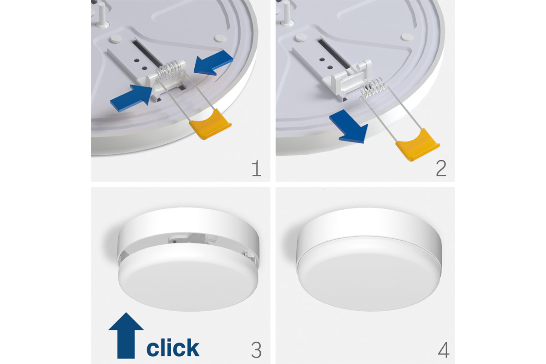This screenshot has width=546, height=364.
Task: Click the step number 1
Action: pyautogui.click(x=256, y=168)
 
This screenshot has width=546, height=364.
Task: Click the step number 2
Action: pyautogui.click(x=441, y=168)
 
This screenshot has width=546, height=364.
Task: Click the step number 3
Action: pyautogui.click(x=256, y=350)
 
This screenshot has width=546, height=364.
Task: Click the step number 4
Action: pyautogui.click(x=444, y=350)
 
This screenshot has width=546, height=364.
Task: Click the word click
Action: pyautogui.click(x=173, y=347)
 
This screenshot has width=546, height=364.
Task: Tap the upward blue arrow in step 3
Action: pyautogui.click(x=126, y=335)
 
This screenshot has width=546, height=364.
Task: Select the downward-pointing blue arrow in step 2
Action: pyautogui.click(x=349, y=127)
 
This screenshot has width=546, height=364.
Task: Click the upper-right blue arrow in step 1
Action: pyautogui.click(x=213, y=63)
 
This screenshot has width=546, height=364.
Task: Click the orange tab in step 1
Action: pyautogui.click(x=210, y=124)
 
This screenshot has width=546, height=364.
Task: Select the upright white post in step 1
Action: pyautogui.click(x=102, y=15)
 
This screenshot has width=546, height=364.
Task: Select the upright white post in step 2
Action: pyautogui.click(x=287, y=13)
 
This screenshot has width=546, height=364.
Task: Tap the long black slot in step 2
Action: pyautogui.click(x=334, y=54)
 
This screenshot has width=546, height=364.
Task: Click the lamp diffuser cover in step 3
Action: pyautogui.click(x=188, y=278)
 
